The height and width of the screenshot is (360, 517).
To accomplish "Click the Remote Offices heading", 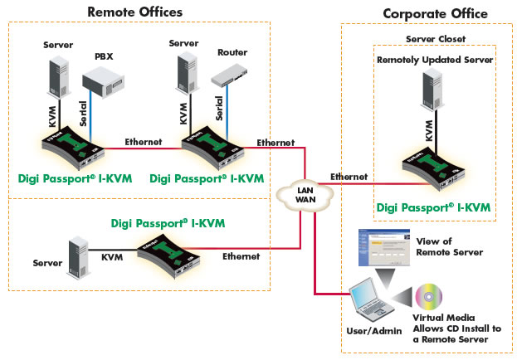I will point(135,12).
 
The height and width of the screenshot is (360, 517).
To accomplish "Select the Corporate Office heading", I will point(435,13).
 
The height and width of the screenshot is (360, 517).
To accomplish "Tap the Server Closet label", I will point(434,39).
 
